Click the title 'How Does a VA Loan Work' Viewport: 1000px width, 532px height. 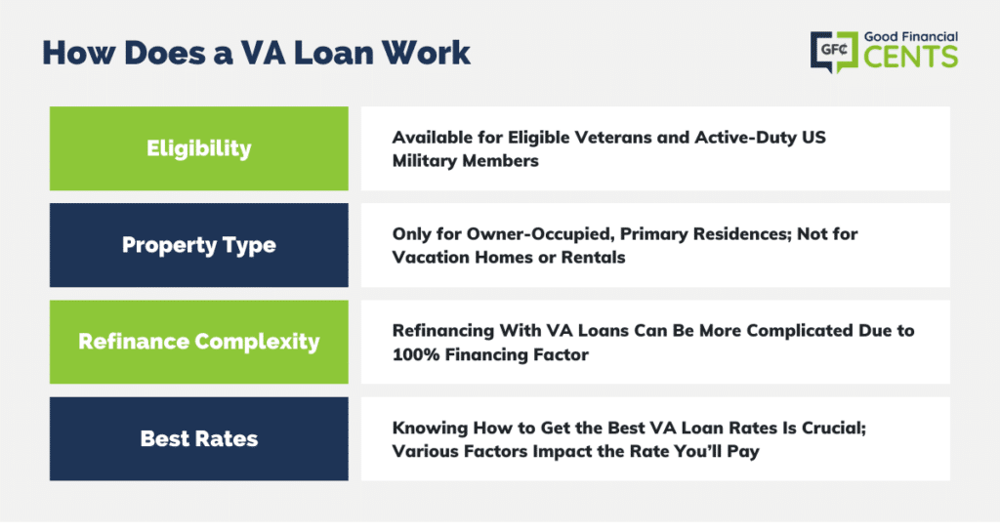257,53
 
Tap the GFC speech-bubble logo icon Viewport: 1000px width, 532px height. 834,51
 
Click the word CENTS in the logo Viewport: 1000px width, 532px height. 911,57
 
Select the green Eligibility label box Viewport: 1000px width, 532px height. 199,148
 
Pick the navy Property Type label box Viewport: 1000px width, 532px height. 199,245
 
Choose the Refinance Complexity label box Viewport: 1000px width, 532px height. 199,342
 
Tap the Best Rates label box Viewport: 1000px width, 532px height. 199,439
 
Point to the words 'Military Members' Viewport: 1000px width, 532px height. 466,161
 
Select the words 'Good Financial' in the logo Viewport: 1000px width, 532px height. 911,37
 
